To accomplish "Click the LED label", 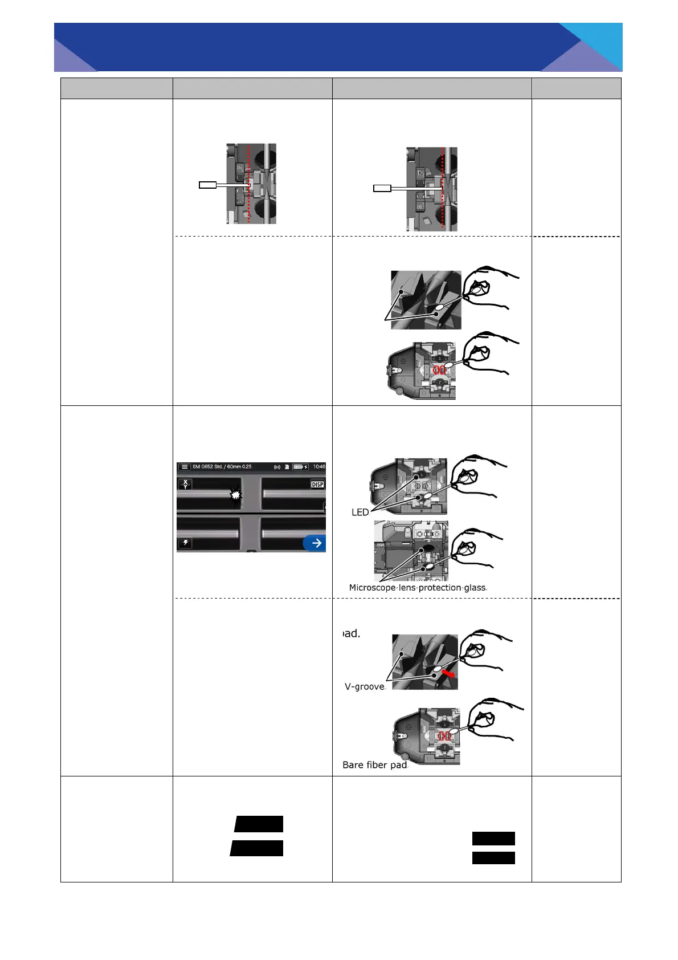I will pos(360,512).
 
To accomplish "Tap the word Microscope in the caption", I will pos(371,587).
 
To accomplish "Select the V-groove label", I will pos(365,686).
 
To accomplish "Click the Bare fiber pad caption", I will pos(374,764).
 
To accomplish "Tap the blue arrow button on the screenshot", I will pos(315,543).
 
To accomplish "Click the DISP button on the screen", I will pos(317,484).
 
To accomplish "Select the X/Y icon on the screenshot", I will pos(185,484).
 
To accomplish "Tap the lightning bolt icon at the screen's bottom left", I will pos(185,542).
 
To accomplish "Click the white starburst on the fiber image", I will pos(236,495).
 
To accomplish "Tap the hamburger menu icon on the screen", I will pos(185,466).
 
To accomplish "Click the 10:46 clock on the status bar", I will pos(319,466).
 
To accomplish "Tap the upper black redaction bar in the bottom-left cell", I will pos(259,824).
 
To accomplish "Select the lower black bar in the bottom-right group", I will pos(493,857).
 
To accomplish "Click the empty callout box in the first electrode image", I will pos(207,185).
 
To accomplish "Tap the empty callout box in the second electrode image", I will pos(382,188).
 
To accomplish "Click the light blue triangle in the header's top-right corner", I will pos(599,40).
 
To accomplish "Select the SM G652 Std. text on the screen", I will pos(207,466).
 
